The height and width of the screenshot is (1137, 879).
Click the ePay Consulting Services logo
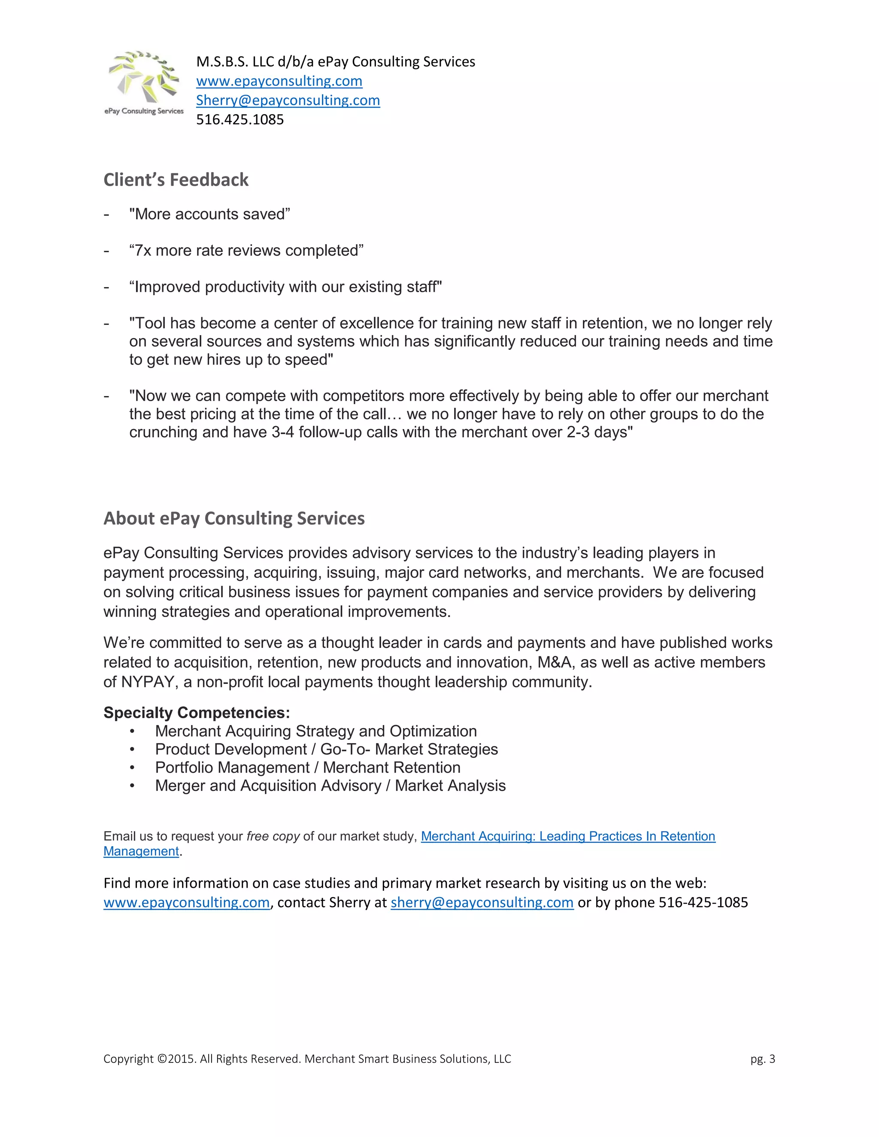coord(144,82)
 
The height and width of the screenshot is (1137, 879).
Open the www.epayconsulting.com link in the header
coord(279,81)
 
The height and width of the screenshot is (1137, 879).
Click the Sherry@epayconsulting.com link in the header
coord(288,100)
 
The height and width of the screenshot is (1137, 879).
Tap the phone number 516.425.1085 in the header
coord(240,120)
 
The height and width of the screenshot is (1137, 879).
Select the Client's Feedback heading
coord(176,180)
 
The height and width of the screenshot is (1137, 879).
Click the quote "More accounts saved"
coord(210,215)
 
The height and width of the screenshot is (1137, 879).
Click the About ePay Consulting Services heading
coord(234,519)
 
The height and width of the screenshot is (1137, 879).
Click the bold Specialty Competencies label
coord(196,713)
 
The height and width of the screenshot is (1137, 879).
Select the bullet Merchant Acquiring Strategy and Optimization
coord(315,732)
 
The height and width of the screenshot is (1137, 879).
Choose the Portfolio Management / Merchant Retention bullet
coord(307,768)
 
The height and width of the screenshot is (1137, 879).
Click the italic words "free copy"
coord(273,837)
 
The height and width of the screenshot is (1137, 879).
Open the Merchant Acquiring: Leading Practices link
coord(567,837)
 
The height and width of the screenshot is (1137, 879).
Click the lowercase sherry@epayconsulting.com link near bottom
coord(482,903)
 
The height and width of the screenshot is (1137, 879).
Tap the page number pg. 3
coord(762,1059)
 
